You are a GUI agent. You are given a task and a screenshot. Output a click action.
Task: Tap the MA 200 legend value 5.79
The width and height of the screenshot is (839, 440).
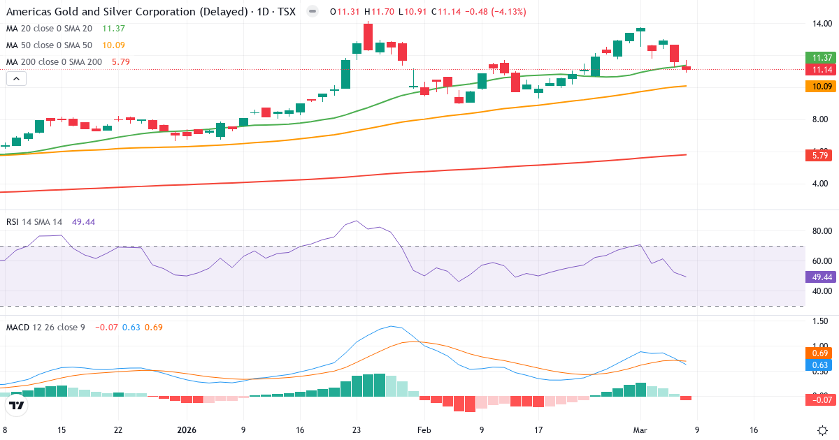pyautogui.click(x=120, y=62)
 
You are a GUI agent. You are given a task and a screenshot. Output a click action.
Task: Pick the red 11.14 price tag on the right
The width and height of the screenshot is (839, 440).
pyautogui.click(x=818, y=70)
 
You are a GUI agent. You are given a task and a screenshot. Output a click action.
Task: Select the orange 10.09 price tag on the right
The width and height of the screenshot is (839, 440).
pyautogui.click(x=818, y=87)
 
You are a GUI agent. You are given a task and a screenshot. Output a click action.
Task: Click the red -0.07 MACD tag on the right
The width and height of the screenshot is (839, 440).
pyautogui.click(x=818, y=399)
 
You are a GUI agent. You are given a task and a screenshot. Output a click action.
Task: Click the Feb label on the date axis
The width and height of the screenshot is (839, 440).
pyautogui.click(x=424, y=430)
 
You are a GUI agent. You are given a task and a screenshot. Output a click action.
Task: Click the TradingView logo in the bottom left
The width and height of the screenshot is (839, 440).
pyautogui.click(x=17, y=405)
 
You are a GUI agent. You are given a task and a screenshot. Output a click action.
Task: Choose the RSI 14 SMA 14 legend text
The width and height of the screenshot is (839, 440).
pyautogui.click(x=34, y=221)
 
